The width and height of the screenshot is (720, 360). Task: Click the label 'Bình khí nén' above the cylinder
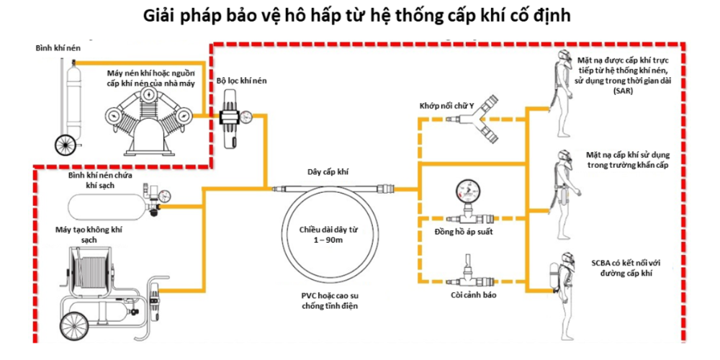(55, 48)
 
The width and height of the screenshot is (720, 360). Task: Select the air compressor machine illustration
(148, 121)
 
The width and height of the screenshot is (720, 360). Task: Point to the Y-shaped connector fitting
(473, 119)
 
